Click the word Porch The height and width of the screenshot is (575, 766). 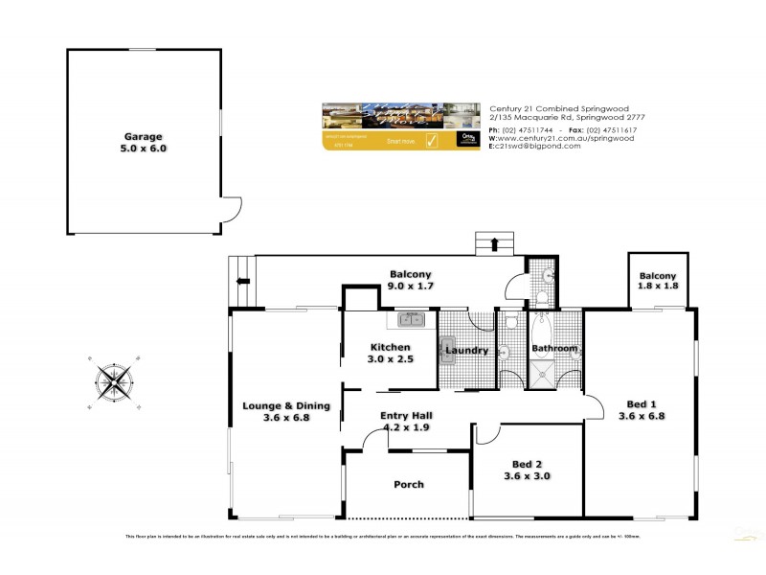(408, 484)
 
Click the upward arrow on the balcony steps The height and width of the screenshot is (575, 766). (494, 244)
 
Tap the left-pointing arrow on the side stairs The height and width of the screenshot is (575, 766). (243, 282)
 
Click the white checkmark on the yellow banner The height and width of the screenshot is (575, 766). (431, 141)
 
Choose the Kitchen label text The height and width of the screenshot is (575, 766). (391, 347)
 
